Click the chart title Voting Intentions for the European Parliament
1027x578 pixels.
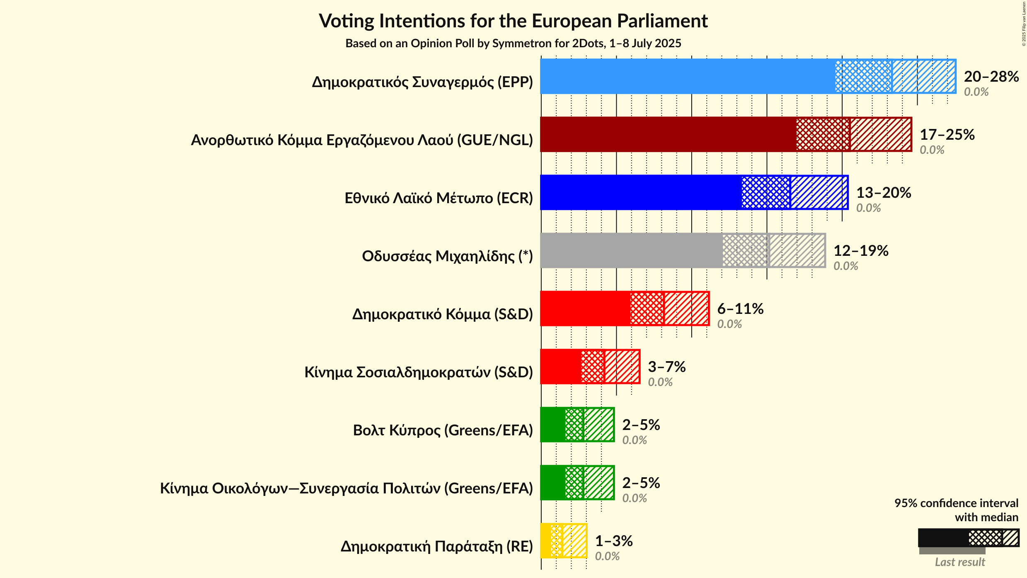[x=513, y=21]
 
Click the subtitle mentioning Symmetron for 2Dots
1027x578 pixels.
[x=513, y=44]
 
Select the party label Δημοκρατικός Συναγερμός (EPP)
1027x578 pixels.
[x=422, y=82]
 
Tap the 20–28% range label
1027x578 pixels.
[x=991, y=76]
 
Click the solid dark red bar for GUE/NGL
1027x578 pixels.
[x=667, y=134]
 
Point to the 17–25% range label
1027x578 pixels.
[x=947, y=134]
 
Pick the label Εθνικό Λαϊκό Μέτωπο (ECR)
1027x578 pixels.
[x=438, y=198]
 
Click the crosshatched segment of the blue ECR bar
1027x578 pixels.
[x=765, y=192]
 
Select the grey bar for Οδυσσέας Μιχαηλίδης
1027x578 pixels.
[x=630, y=250]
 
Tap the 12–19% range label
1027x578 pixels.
[x=861, y=250]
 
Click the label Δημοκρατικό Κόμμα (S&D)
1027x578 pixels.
[x=442, y=314]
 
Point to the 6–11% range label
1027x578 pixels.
[x=740, y=308]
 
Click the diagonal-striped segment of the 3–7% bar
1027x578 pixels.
[x=622, y=367]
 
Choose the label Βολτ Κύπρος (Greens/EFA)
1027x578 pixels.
[x=443, y=430]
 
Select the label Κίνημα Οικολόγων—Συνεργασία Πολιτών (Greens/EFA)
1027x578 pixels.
[x=346, y=488]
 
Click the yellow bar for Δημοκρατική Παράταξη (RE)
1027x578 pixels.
[x=546, y=541]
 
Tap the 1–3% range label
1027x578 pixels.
[x=613, y=541]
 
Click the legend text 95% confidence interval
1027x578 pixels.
[x=956, y=503]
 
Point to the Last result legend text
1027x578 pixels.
[x=959, y=562]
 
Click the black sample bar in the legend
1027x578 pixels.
[x=943, y=538]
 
